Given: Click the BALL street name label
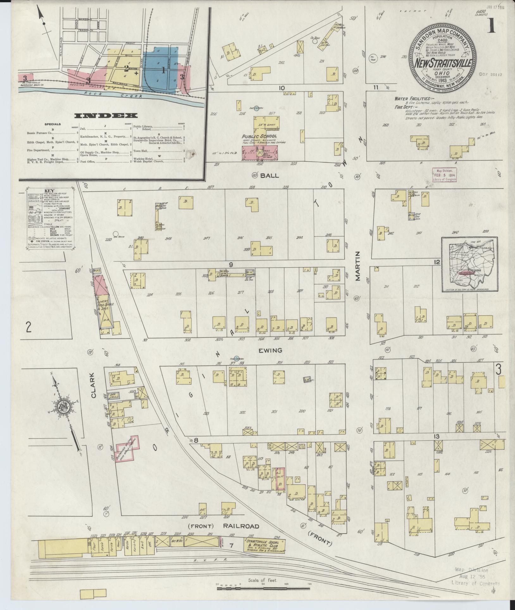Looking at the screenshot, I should pyautogui.click(x=270, y=175).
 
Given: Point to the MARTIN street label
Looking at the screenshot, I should pyautogui.click(x=358, y=266).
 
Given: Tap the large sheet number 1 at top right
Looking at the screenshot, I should pyautogui.click(x=491, y=27).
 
